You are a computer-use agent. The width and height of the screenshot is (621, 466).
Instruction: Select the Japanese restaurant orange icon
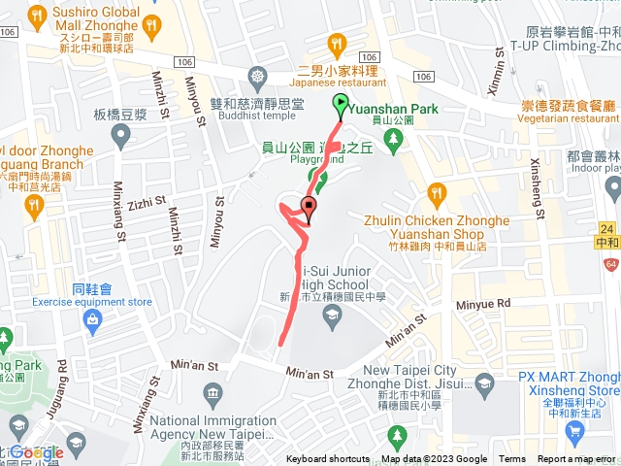click(x=337, y=43)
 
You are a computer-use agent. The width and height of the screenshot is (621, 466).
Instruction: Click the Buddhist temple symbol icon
click(x=257, y=75)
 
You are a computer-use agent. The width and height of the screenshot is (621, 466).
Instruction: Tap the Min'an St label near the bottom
click(x=310, y=373)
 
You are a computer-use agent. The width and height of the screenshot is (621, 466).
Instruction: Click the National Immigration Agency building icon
click(x=212, y=392)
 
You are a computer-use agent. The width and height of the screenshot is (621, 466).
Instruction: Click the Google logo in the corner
click(x=36, y=451)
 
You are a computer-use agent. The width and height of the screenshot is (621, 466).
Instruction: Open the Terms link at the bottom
click(x=512, y=459)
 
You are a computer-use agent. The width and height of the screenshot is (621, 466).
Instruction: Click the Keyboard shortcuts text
click(x=328, y=459)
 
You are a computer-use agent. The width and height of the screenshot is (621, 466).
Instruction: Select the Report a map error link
click(x=578, y=459)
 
